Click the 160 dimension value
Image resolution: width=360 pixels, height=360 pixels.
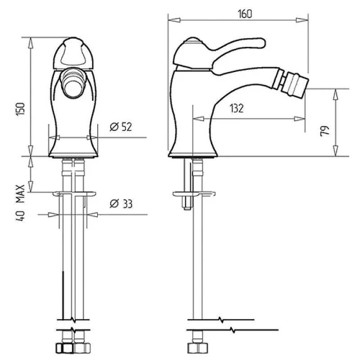pos(245,14)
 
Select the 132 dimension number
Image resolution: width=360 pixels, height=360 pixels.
pos(237,108)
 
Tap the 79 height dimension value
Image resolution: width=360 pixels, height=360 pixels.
pos(325,131)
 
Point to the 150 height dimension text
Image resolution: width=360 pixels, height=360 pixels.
pos(20,109)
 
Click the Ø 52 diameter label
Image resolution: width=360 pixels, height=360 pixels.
pos(121,127)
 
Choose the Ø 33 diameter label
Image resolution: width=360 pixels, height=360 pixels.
pos(121,204)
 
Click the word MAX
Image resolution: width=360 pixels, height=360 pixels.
pos(20,194)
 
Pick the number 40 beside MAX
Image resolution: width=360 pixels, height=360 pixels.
pos(20,216)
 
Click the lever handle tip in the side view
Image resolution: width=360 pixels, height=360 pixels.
pos(261,42)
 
